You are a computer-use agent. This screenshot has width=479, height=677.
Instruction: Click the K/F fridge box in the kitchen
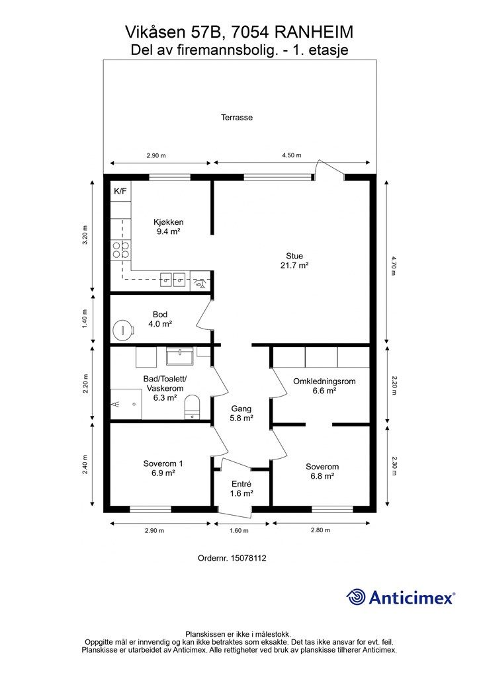pos(121,191)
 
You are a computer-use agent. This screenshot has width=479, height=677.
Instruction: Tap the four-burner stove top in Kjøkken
pos(121,250)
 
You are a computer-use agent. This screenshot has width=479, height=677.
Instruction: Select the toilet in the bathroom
pos(193,407)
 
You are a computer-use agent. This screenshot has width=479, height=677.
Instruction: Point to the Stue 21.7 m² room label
pos(294,260)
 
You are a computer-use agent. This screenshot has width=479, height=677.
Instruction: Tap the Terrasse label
pos(237,118)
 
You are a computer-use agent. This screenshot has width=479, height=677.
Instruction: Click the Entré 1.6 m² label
pos(241,489)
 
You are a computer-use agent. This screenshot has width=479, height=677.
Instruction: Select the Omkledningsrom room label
pos(324,381)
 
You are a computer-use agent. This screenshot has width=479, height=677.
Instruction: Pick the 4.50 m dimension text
pos(292,155)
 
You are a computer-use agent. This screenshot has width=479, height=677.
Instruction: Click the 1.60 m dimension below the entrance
pos(239,531)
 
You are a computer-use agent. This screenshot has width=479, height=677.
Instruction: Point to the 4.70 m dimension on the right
pos(393,266)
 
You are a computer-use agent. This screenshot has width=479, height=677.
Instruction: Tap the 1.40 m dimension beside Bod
pos(85,319)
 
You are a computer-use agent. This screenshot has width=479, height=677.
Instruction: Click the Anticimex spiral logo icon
pos(356,597)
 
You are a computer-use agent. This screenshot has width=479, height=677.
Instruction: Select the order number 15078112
pos(248,558)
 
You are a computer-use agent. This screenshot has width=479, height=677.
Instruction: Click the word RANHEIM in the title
pos(314,32)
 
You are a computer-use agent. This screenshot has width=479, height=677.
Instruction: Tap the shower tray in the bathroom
pos(126,404)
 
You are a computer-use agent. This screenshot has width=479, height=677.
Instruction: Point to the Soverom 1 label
pos(163,463)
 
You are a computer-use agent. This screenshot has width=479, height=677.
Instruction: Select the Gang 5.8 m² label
pos(241,413)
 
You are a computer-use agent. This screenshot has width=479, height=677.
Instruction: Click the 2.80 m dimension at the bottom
pos(320,530)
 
